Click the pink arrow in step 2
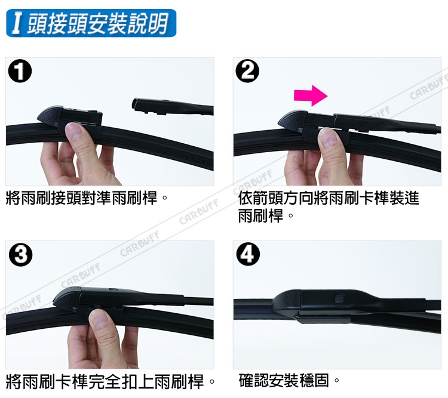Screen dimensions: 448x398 coord(311,95)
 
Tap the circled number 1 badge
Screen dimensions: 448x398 coord(20,71)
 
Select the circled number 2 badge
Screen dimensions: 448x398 coord(248,71)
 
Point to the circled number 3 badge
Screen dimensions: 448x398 coord(20,254)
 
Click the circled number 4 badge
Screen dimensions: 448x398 coord(248,254)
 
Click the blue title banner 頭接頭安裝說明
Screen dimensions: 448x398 coord(91,23)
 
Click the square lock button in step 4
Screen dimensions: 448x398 coord(339,298)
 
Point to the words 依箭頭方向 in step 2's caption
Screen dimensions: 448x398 coord(276,198)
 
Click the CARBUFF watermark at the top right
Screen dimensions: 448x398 coord(428,87)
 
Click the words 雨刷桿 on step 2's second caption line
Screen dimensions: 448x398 coord(260,216)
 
